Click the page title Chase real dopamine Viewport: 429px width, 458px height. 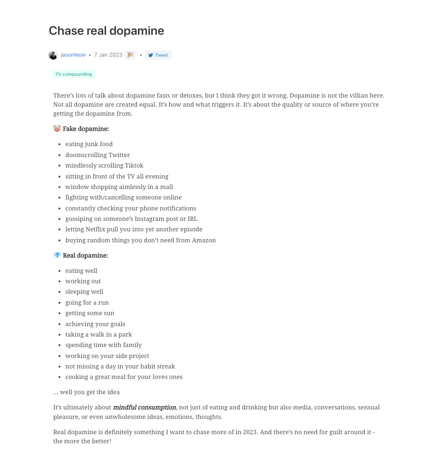pos(107,31)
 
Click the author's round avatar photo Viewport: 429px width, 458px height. pos(53,55)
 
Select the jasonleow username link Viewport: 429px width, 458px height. pos(73,55)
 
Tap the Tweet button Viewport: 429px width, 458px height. pos(158,55)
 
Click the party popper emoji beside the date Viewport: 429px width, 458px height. pos(130,55)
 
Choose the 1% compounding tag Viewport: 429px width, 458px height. pos(73,74)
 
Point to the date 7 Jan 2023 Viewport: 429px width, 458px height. pos(108,55)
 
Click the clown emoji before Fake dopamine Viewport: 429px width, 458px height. pos(57,129)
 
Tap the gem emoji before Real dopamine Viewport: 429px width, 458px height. pos(57,256)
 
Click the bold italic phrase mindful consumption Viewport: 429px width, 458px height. pos(144,408)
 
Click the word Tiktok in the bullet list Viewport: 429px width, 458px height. pos(134,166)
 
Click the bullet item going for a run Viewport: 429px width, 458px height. pos(87,303)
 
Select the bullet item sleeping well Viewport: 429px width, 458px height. pos(84,292)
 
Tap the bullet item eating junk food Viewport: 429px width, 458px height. pos(89,144)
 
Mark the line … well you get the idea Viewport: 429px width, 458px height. pos(87,392)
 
